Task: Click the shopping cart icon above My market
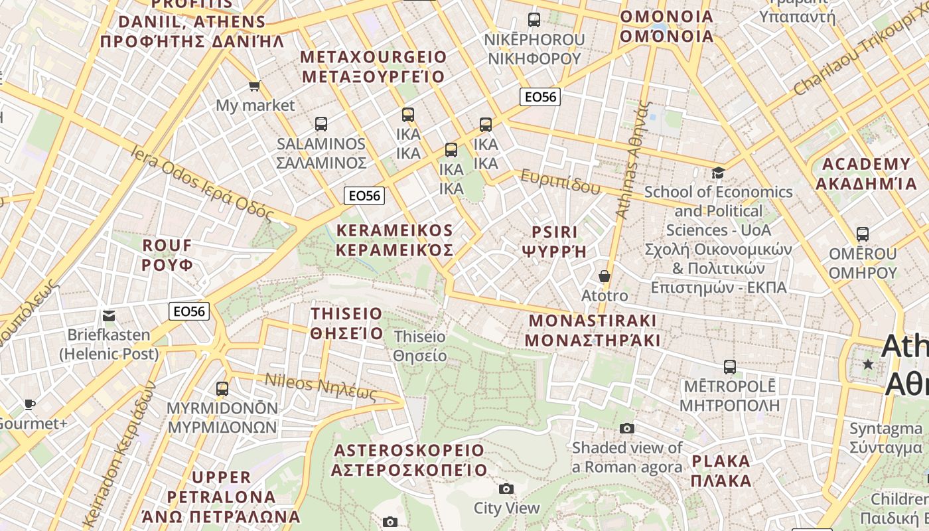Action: point(254,86)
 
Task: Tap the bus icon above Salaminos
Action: point(321,123)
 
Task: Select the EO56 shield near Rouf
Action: point(189,311)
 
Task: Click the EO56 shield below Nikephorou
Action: point(540,97)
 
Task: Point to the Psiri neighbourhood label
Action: point(555,242)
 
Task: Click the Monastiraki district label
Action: point(592,331)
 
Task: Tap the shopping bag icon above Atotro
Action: point(604,275)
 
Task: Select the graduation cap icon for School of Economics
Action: point(718,173)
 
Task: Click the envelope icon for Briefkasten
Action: point(109,315)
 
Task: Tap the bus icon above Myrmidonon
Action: point(222,388)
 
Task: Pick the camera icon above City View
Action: point(506,489)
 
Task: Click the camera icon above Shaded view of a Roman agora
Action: point(626,428)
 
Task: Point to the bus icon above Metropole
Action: point(730,366)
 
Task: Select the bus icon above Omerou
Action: point(863,234)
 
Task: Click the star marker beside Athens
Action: point(868,364)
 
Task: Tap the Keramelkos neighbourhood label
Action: point(395,240)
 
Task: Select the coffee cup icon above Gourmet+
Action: point(29,404)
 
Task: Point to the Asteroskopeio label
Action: point(409,460)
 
